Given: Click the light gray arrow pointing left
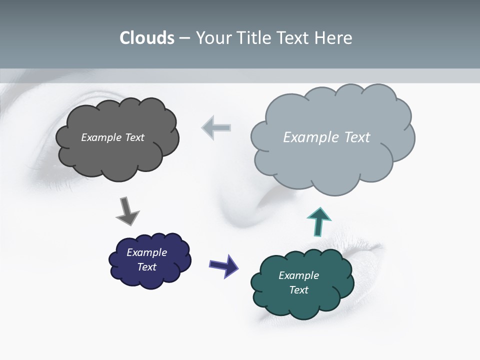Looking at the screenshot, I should [216, 127].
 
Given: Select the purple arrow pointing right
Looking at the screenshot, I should [223, 265].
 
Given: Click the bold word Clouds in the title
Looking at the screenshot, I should [147, 38].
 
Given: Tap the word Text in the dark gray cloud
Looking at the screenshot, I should [135, 137].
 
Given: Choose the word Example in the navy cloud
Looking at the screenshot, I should [146, 252].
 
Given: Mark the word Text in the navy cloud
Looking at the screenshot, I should [146, 267].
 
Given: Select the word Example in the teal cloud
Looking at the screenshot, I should [298, 275].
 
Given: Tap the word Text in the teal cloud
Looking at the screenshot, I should [298, 290].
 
